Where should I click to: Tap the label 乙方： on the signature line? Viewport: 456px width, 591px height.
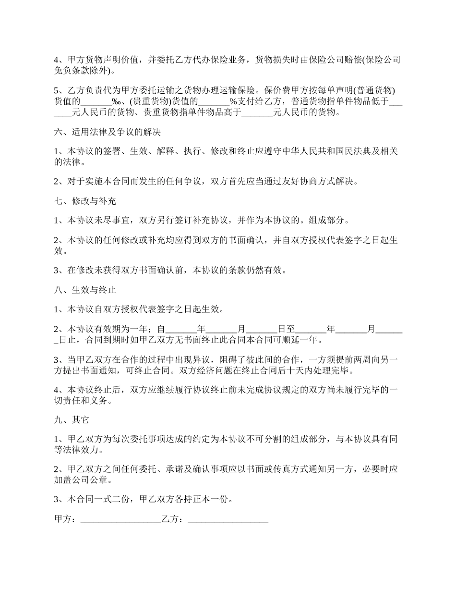tap(174, 519)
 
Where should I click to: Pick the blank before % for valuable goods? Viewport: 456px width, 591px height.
tap(214, 101)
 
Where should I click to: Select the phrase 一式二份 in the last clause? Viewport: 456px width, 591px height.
tap(112, 499)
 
